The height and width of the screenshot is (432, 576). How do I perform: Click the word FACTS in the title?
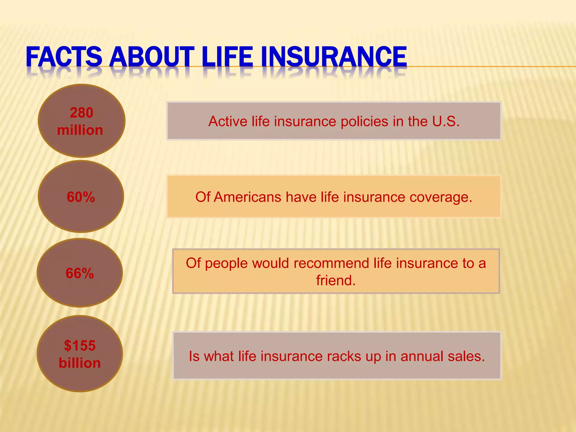tap(64, 57)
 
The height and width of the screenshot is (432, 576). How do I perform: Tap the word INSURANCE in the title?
tap(334, 57)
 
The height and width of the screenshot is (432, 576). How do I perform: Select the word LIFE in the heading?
tap(227, 57)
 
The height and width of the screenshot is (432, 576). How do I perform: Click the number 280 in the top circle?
tap(82, 113)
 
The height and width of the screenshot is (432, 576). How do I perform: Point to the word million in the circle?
tap(80, 130)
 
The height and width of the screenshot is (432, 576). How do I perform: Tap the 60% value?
tap(81, 197)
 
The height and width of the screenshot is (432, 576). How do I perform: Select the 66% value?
tap(80, 273)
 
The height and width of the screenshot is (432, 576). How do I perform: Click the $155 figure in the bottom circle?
tap(80, 345)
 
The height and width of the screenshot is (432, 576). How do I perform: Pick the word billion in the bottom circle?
tap(80, 363)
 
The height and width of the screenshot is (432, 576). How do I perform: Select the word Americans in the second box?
tap(247, 197)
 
